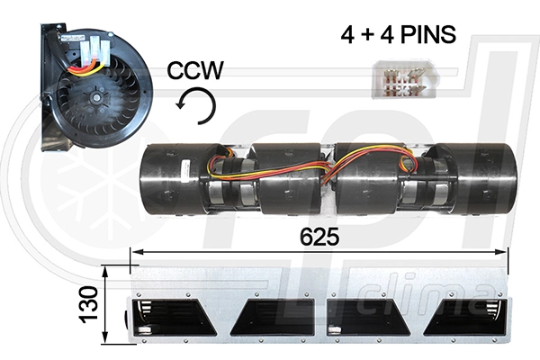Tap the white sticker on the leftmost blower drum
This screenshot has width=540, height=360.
pos(184,167)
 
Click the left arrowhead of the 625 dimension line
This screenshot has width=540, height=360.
pos(135,253)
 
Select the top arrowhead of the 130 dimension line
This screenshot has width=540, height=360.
pos(105,268)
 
